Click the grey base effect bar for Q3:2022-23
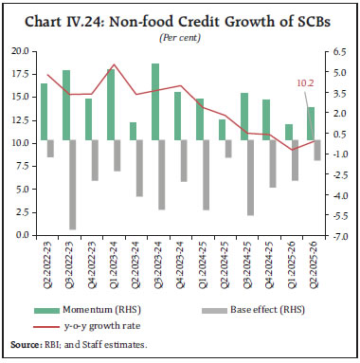click(x=71, y=185)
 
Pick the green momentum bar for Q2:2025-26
click(x=310, y=124)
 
